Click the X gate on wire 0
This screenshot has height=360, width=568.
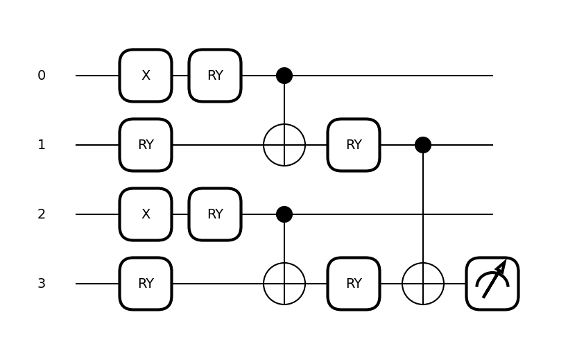pos(146,76)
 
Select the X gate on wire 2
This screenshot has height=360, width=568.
pos(146,214)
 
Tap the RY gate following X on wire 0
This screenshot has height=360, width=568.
pos(215,76)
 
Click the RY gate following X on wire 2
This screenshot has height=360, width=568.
pos(215,214)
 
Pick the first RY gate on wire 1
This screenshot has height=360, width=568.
pos(146,145)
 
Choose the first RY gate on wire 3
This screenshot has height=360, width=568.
pos(146,284)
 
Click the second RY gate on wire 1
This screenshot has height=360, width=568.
pos(354,145)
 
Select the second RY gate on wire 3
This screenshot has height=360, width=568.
pos(354,284)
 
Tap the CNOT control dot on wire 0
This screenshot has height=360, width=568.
pos(284,76)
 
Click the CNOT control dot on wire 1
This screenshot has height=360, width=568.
pos(423,145)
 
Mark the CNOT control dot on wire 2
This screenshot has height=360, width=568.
pos(284,214)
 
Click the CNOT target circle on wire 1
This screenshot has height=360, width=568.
pos(284,145)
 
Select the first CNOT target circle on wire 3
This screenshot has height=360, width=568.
pos(284,284)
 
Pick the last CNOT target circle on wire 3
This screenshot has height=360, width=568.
pos(423,284)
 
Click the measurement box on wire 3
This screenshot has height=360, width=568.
pos(492,284)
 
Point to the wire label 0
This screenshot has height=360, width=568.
pos(42,76)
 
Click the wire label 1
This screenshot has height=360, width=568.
pos(42,145)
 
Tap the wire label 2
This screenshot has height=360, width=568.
pos(42,214)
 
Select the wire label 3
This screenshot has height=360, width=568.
pos(42,284)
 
